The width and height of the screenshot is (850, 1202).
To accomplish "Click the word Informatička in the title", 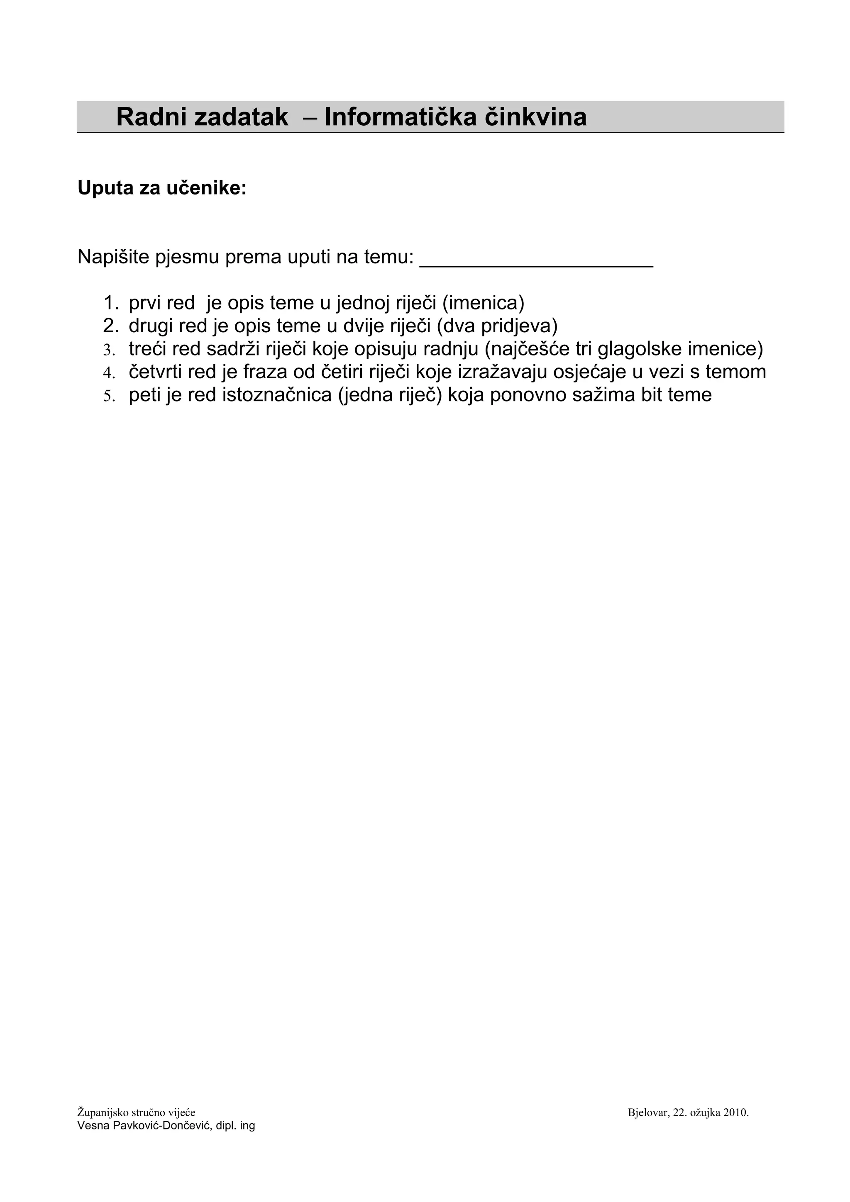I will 400,117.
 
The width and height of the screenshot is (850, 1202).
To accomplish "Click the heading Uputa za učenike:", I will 162,188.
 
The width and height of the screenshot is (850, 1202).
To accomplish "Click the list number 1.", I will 110,303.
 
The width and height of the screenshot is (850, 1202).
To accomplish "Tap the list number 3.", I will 108,349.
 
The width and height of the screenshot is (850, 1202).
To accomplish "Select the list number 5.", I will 108,395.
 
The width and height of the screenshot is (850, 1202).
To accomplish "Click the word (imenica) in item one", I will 483,303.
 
